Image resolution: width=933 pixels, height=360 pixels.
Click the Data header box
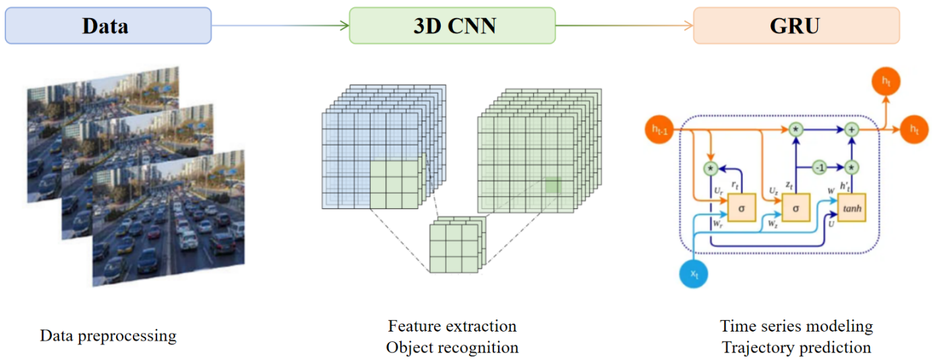(x=108, y=26)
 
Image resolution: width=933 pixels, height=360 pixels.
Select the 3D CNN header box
(x=452, y=26)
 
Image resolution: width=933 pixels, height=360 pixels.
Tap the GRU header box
(x=796, y=26)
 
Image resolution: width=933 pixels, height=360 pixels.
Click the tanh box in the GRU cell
(x=852, y=208)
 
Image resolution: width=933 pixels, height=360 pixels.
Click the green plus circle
(x=851, y=129)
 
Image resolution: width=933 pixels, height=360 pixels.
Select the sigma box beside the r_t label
(x=741, y=208)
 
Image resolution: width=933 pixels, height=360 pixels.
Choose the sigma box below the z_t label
(x=795, y=208)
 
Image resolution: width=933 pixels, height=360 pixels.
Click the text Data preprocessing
(x=108, y=336)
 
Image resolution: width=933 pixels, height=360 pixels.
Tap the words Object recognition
(x=452, y=348)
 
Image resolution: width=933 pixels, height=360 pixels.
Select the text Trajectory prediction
(x=796, y=348)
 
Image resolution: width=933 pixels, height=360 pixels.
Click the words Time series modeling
(x=796, y=326)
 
